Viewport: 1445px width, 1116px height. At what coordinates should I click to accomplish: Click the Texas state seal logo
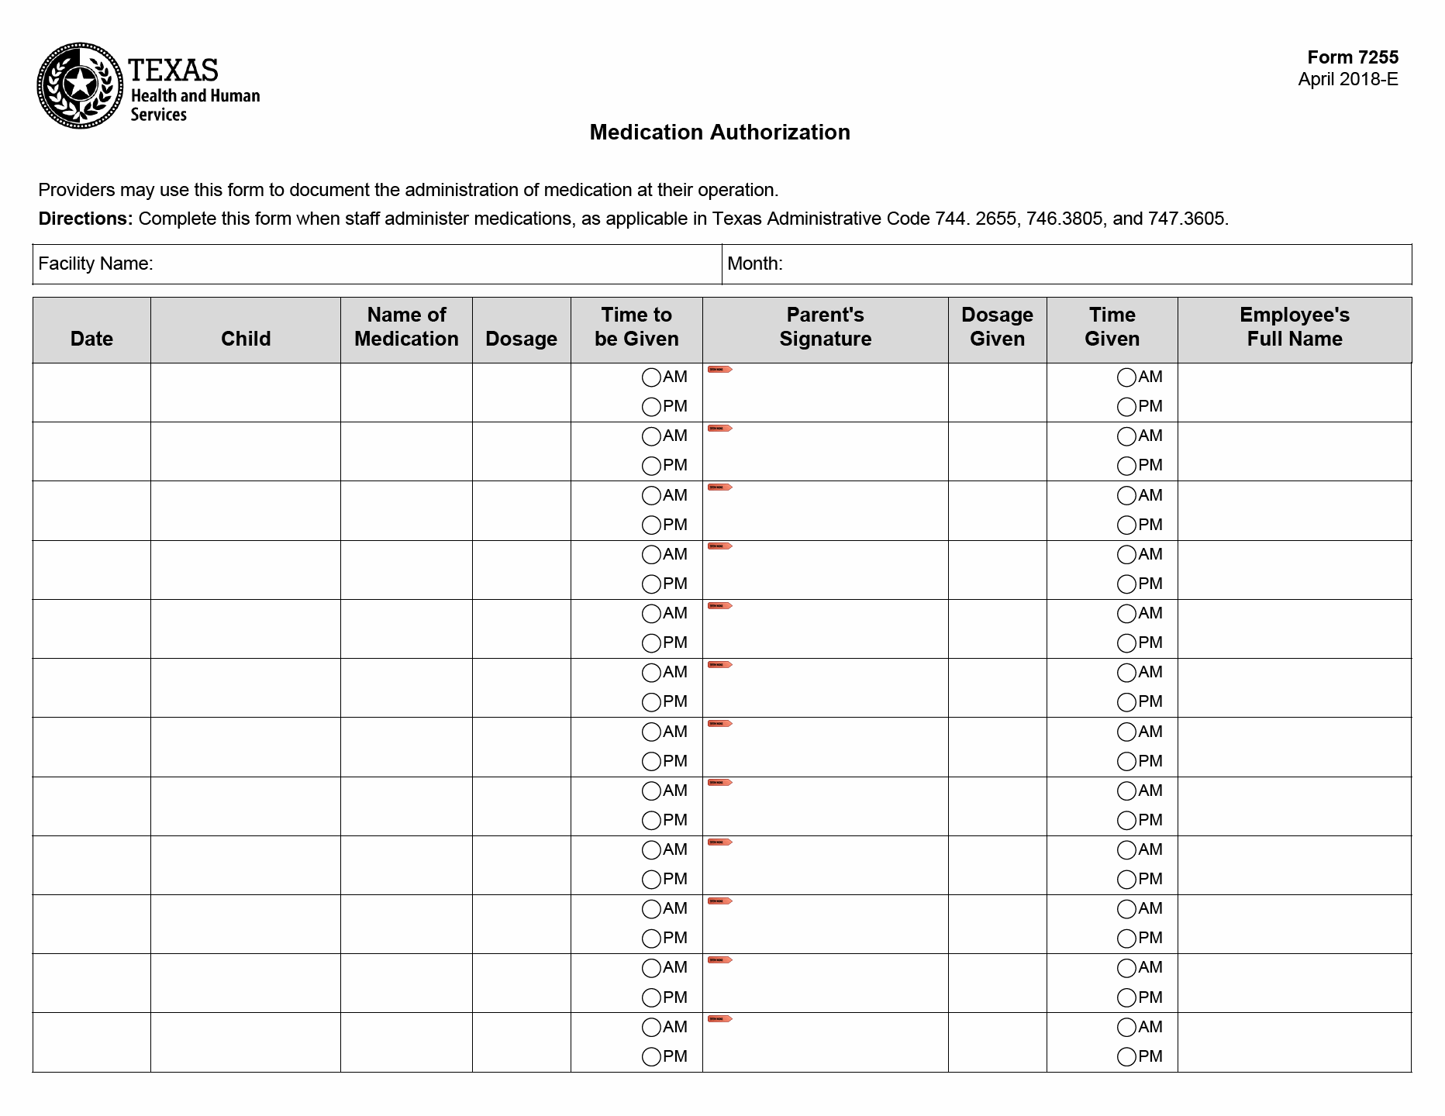coord(80,85)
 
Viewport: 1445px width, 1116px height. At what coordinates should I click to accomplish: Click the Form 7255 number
coord(1352,57)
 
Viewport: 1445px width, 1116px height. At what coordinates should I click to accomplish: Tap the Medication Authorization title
coord(719,133)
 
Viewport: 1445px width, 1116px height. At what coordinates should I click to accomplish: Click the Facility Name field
coord(434,264)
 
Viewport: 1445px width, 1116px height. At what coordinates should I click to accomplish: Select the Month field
coord(1093,264)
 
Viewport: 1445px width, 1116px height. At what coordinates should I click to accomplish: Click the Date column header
coord(91,339)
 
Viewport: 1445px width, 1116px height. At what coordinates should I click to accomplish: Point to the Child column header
coord(246,339)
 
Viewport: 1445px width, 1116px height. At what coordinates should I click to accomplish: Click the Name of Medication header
coord(406,327)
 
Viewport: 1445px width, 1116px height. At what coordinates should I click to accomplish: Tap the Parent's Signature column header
coord(825,327)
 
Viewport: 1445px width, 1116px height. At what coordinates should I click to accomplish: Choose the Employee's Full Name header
coord(1294,327)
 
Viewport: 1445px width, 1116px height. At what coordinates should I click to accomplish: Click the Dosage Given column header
coord(997,327)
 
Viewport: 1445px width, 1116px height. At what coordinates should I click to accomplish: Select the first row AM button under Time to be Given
coord(651,377)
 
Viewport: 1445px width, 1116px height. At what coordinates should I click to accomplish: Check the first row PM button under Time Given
coord(1126,407)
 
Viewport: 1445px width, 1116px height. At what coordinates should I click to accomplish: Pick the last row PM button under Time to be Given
coord(651,1056)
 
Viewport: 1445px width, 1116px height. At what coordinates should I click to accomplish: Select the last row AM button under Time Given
coord(1126,1028)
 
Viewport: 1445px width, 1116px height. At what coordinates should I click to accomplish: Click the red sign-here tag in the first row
coord(719,370)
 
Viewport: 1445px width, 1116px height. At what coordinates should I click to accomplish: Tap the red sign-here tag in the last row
coord(719,1019)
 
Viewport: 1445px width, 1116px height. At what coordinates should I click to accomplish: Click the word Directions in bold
coord(85,219)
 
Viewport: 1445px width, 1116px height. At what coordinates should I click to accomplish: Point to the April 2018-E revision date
coord(1347,80)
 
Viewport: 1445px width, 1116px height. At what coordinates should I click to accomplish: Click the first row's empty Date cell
coord(91,393)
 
